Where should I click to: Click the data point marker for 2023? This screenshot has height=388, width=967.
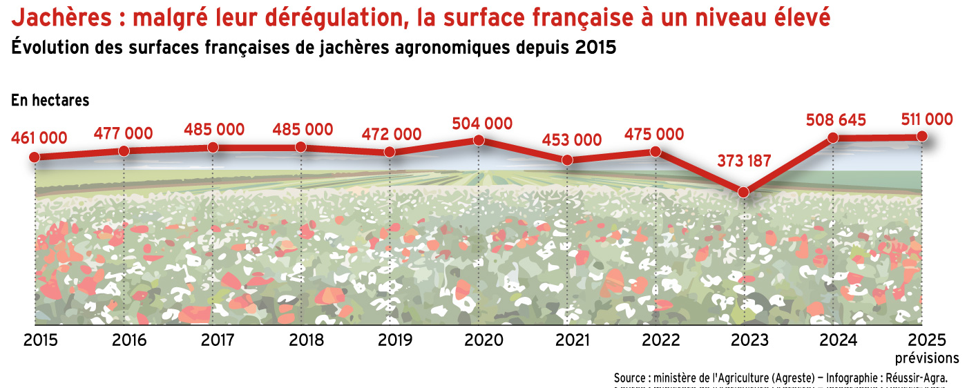(x=743, y=192)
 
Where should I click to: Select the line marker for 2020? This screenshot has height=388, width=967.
(x=478, y=140)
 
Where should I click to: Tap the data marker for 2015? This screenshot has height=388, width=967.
(x=35, y=157)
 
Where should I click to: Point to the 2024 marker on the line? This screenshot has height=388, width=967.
(x=833, y=137)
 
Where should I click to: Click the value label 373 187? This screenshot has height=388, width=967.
(x=743, y=163)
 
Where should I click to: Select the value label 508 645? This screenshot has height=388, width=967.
(x=836, y=120)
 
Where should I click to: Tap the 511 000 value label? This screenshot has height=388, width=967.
(x=927, y=119)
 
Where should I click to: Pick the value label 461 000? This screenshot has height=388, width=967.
(x=39, y=138)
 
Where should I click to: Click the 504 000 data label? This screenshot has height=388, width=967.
(x=482, y=124)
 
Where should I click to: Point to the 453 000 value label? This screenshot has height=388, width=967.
(x=571, y=139)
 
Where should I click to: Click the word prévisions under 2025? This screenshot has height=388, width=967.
(x=927, y=358)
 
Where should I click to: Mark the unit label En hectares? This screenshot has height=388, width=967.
(x=50, y=100)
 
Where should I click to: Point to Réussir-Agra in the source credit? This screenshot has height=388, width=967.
(x=916, y=378)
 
